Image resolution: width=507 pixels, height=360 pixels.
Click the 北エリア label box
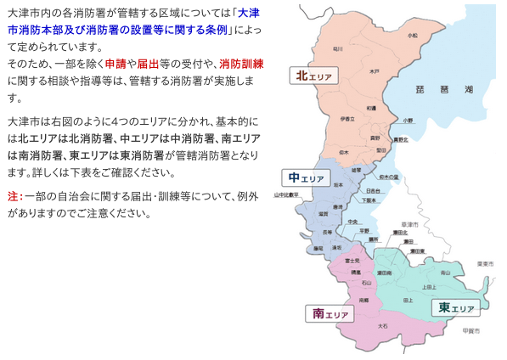point(313,76)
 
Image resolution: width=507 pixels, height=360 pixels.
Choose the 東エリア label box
point(453,307)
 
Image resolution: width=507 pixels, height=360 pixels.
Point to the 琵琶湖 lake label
point(433,88)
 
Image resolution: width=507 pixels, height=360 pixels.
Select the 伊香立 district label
point(346,118)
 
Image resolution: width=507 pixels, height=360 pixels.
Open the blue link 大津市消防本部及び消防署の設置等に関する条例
point(127,23)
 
